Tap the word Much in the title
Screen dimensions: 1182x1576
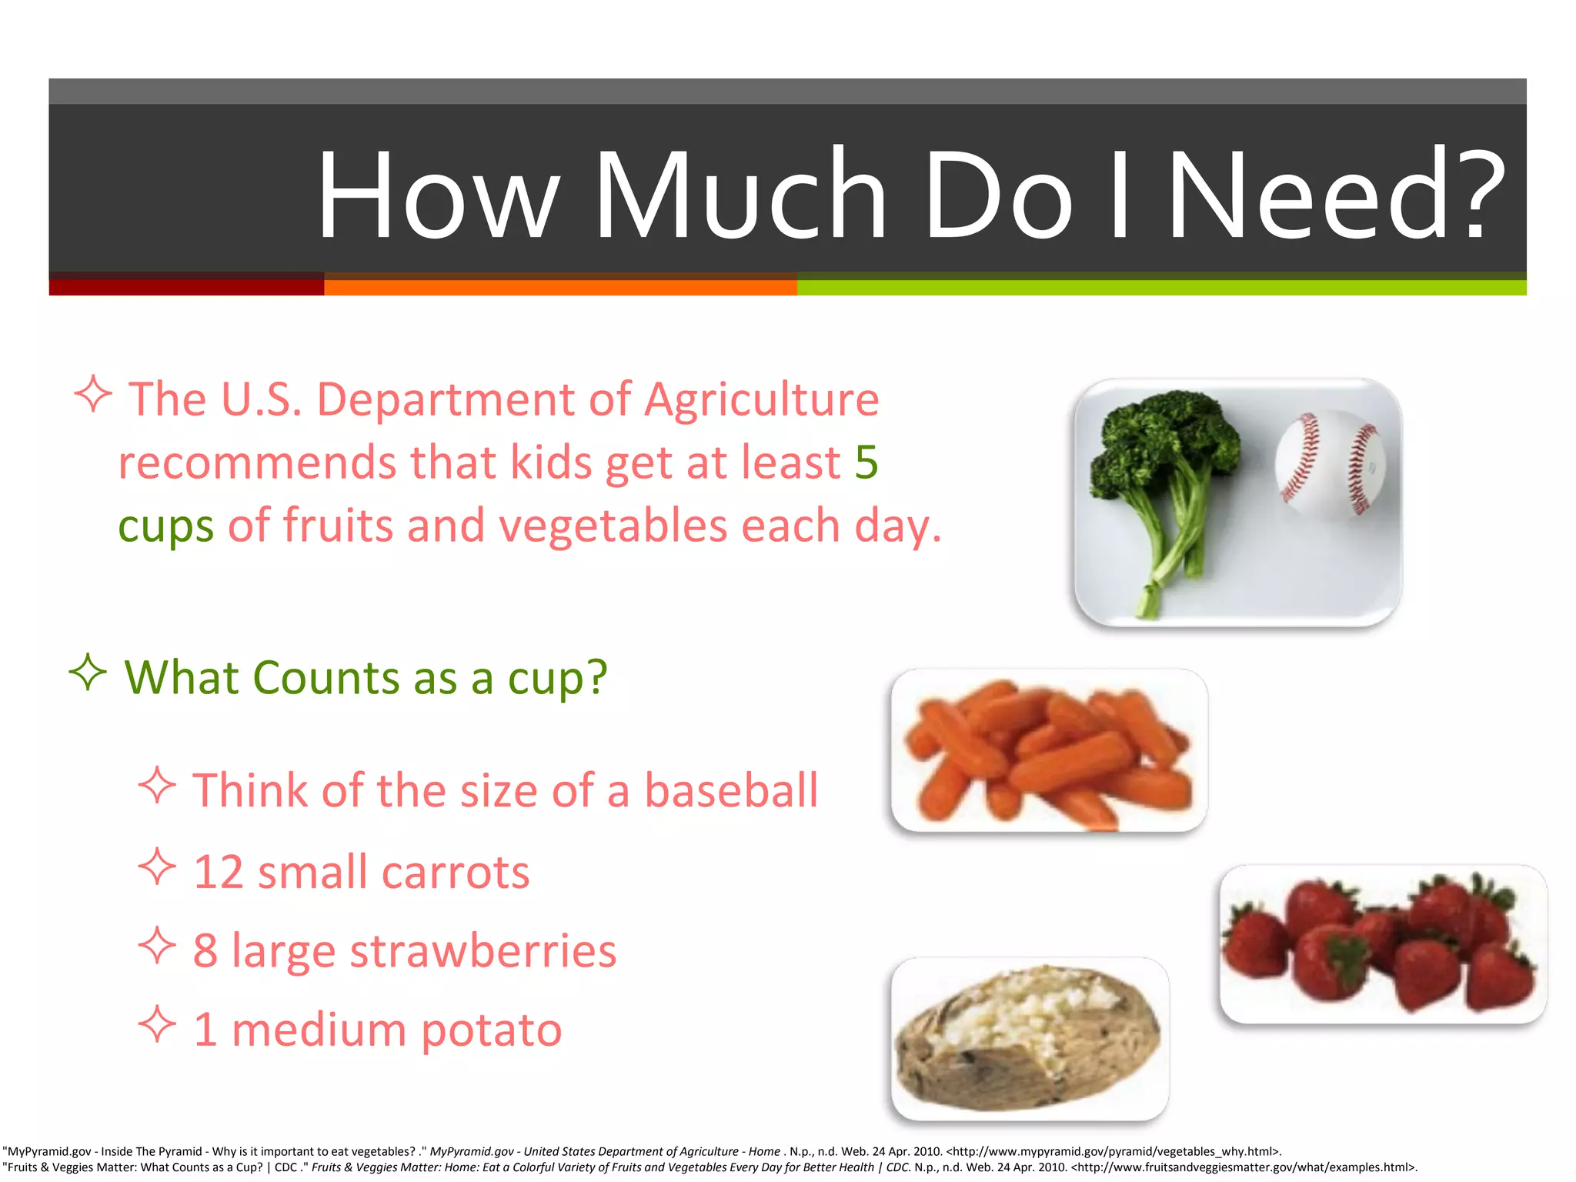[x=740, y=196]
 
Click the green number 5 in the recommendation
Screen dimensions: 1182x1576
[x=866, y=462]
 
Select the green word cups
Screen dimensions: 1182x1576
[x=165, y=527]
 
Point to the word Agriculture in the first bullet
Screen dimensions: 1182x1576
[x=761, y=399]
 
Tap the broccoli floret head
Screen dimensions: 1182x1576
[x=1166, y=439]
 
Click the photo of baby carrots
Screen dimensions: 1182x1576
[x=1049, y=750]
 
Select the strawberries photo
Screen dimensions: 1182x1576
[x=1383, y=944]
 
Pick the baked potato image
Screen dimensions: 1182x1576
[x=1030, y=1039]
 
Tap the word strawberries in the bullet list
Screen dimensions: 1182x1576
[x=482, y=951]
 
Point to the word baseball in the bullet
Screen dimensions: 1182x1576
[x=731, y=790]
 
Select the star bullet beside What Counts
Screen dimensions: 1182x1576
[x=88, y=673]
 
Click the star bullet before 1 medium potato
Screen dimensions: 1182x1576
[x=158, y=1025]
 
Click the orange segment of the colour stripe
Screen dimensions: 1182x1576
[x=560, y=287]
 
